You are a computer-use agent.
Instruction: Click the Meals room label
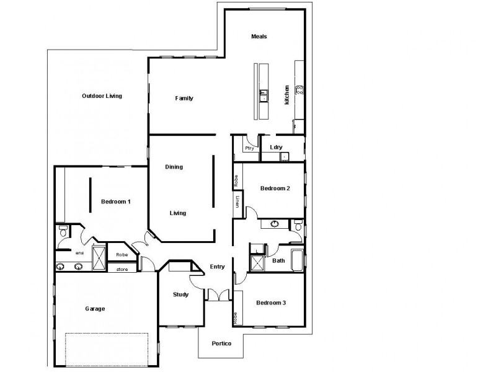coord(259,37)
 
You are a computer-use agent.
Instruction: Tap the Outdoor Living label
coord(102,96)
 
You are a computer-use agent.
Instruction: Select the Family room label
coord(184,98)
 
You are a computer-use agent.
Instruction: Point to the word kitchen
coord(287,94)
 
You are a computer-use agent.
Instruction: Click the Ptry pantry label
coord(250,148)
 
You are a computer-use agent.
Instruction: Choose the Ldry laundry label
coord(277,148)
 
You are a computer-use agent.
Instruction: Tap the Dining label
coord(174,167)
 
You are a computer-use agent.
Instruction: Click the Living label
coord(179,213)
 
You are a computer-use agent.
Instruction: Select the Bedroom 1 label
coord(116,201)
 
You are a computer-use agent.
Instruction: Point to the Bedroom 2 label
coord(275,188)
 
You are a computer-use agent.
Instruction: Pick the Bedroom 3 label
coord(272,303)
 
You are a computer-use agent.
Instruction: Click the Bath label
coord(279,260)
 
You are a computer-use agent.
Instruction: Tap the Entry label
coord(217,267)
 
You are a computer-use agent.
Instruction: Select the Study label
coord(180,294)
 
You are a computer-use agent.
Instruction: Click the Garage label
coord(95,309)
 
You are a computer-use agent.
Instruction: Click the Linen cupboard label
coord(237,201)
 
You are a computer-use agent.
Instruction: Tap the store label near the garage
coord(122,269)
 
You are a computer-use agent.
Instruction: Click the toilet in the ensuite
coord(62,231)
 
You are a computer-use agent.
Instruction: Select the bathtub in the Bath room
coord(297,260)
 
